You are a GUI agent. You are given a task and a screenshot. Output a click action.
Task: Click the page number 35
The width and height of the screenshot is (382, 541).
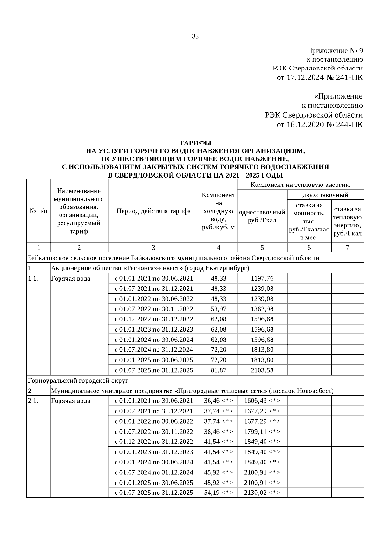coord(195,36)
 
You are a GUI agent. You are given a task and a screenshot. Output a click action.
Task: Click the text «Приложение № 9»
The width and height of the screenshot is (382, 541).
coord(335,51)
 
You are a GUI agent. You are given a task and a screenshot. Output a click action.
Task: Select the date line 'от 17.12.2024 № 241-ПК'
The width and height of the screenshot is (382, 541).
coord(320,77)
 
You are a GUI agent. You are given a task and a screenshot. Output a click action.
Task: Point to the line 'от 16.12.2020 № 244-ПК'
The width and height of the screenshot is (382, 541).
coord(320,124)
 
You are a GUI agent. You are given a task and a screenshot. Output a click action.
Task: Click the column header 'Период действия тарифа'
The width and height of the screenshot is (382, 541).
coord(154,211)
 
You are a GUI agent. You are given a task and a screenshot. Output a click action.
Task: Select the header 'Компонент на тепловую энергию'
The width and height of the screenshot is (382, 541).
coord(300,185)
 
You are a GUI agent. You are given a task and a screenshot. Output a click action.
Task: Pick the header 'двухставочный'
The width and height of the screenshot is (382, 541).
coord(325,195)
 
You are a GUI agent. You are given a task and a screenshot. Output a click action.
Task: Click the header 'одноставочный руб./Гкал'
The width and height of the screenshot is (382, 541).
coord(262,216)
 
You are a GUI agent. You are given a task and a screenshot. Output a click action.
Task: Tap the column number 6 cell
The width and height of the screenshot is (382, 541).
coord(309,247)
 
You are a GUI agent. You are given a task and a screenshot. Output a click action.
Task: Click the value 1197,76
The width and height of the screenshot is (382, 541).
coord(262,278)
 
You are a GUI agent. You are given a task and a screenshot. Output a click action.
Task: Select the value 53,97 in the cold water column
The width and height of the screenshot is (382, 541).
coord(218,309)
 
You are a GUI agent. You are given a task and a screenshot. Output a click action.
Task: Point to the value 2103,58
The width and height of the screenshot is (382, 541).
coord(262,370)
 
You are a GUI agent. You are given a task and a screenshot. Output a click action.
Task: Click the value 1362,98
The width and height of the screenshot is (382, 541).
coord(262,309)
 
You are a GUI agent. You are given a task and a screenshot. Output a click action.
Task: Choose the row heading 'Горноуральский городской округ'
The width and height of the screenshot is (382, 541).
coord(78,381)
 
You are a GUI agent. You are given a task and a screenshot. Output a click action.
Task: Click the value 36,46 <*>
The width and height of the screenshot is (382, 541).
coord(218,401)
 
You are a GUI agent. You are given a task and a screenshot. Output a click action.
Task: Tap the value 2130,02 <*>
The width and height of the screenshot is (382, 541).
coord(262,493)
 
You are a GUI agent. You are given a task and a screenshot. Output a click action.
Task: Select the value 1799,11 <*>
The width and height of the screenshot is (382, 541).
coord(262,432)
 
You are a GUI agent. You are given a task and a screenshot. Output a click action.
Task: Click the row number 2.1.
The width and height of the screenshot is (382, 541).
coord(33,401)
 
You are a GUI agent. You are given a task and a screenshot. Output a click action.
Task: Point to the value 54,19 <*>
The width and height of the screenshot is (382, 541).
coord(218,493)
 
